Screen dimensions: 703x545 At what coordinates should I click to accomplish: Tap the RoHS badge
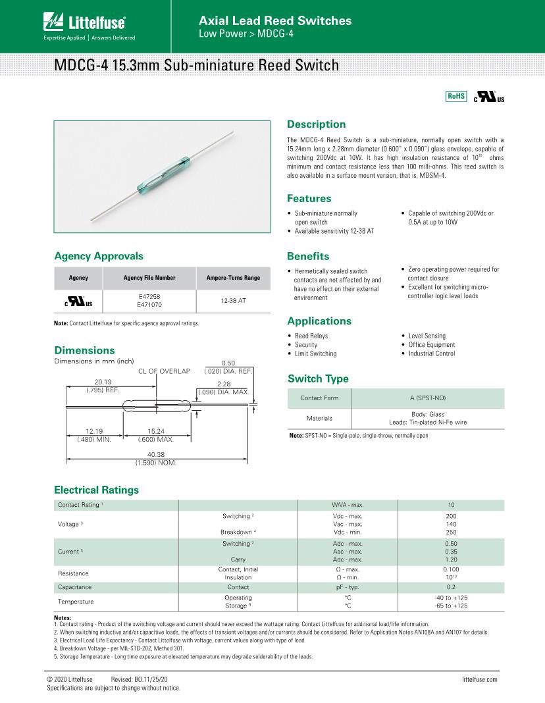click(x=455, y=96)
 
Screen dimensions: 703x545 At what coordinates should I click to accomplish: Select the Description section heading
click(x=316, y=124)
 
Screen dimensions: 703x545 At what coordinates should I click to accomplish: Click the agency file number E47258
click(x=149, y=297)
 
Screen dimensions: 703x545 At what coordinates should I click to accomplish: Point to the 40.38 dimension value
click(x=157, y=455)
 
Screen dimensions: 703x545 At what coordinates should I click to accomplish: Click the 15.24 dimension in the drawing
click(x=155, y=432)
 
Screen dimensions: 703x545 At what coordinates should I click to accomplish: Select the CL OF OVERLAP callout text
click(x=164, y=371)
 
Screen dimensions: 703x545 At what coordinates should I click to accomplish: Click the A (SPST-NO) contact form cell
click(x=428, y=398)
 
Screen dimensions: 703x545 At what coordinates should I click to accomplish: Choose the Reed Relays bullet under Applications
click(x=311, y=336)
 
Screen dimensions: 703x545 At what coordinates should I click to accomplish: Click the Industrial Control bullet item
click(x=431, y=353)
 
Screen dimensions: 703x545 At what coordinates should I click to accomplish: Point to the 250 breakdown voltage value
click(x=451, y=532)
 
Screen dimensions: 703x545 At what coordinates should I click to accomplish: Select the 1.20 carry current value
click(x=451, y=560)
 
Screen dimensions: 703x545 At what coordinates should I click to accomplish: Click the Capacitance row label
click(x=75, y=587)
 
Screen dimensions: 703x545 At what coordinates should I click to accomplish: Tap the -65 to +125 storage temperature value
click(x=451, y=606)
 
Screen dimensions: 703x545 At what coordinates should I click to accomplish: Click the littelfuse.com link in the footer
click(x=479, y=679)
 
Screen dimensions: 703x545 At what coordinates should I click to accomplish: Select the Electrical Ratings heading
click(x=96, y=490)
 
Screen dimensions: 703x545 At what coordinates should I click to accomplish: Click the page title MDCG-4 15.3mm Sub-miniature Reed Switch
click(x=197, y=66)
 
